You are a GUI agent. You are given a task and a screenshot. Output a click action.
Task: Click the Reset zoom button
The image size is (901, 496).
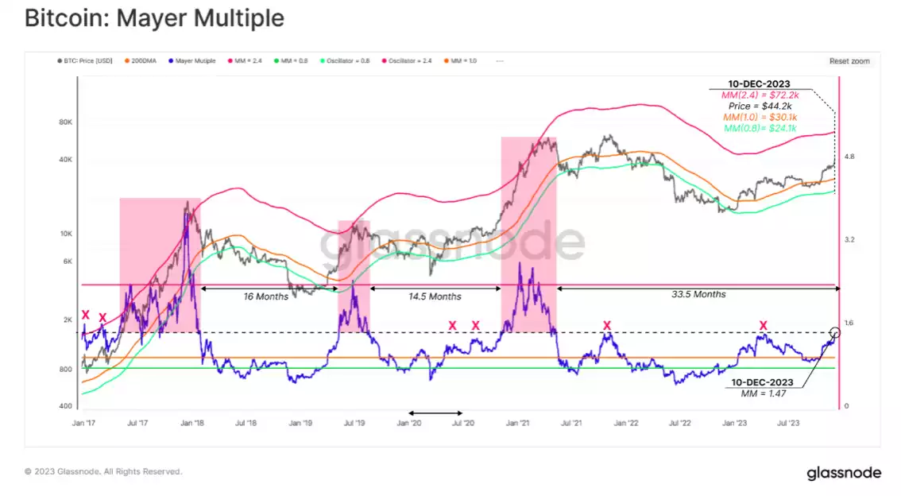[849, 60]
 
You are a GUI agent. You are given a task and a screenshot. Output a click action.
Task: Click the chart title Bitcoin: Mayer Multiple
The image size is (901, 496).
[154, 18]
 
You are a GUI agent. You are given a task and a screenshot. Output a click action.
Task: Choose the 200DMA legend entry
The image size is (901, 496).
[144, 60]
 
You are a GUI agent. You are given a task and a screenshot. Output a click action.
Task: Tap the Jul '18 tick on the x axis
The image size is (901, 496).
[246, 424]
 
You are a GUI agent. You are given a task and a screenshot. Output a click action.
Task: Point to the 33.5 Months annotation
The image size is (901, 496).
[698, 294]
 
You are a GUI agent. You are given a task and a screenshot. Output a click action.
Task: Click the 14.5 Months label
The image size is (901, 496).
[434, 296]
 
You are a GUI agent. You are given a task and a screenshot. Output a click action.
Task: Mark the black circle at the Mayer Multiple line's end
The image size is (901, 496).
[835, 332]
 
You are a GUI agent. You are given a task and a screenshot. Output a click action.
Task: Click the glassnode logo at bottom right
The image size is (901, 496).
[844, 473]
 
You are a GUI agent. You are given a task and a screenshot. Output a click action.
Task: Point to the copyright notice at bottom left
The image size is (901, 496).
[103, 471]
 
